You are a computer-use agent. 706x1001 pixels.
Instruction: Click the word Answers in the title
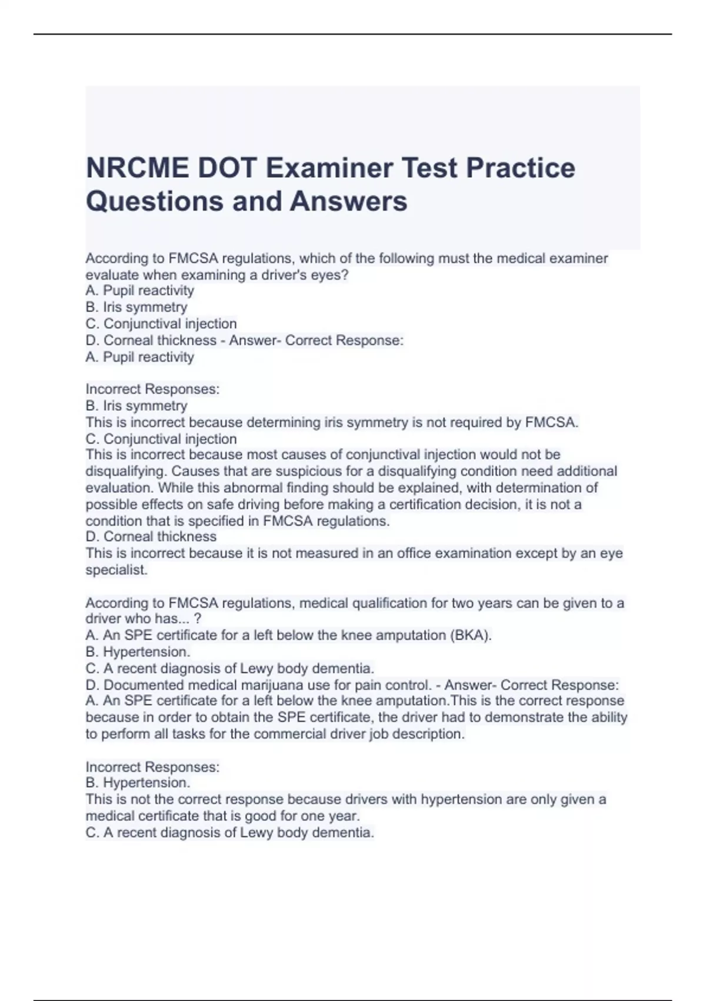[348, 201]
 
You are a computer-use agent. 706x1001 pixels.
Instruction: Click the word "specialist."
[116, 570]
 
